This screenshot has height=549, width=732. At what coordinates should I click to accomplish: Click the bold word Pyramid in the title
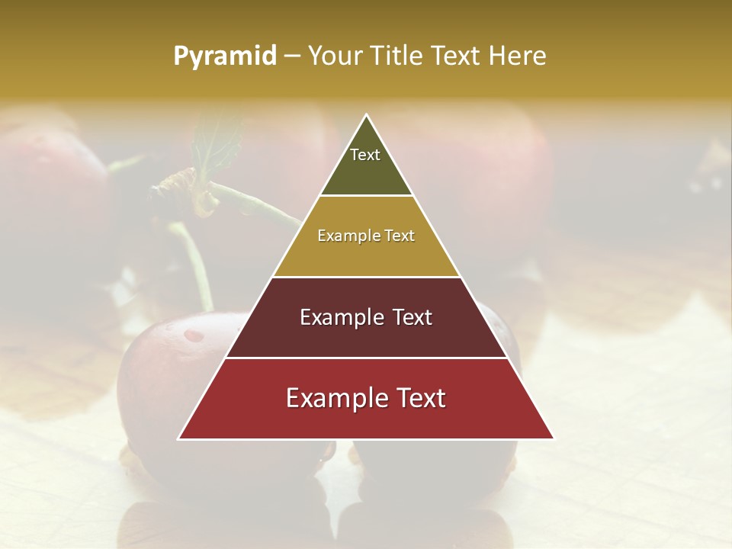pos(225,56)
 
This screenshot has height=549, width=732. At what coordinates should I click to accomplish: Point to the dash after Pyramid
pos(292,56)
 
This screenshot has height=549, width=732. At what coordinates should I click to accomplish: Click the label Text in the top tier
pos(365,155)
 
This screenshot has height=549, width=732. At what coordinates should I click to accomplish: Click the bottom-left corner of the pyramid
pos(179,438)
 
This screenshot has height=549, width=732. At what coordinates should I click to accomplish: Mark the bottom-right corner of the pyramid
pos(554,438)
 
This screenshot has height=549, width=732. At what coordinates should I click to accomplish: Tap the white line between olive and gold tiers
pos(366,196)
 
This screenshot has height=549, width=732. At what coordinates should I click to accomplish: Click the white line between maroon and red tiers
pos(366,358)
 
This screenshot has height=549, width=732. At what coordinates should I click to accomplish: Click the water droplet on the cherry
pos(195,335)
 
